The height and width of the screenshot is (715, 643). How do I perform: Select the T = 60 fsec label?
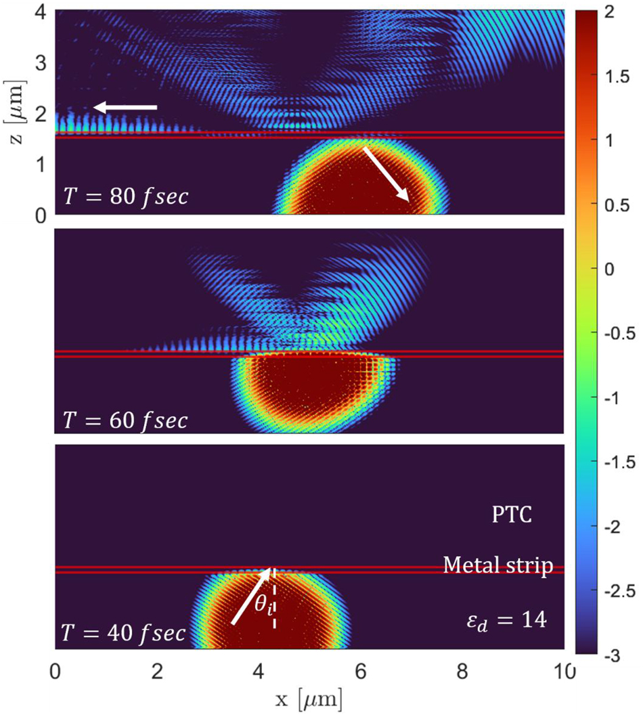pos(125,420)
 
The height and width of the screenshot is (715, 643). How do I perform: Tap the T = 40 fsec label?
pos(125,634)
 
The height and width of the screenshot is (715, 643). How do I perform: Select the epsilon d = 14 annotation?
pos(502,617)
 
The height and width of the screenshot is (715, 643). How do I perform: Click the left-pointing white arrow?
pos(125,107)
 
